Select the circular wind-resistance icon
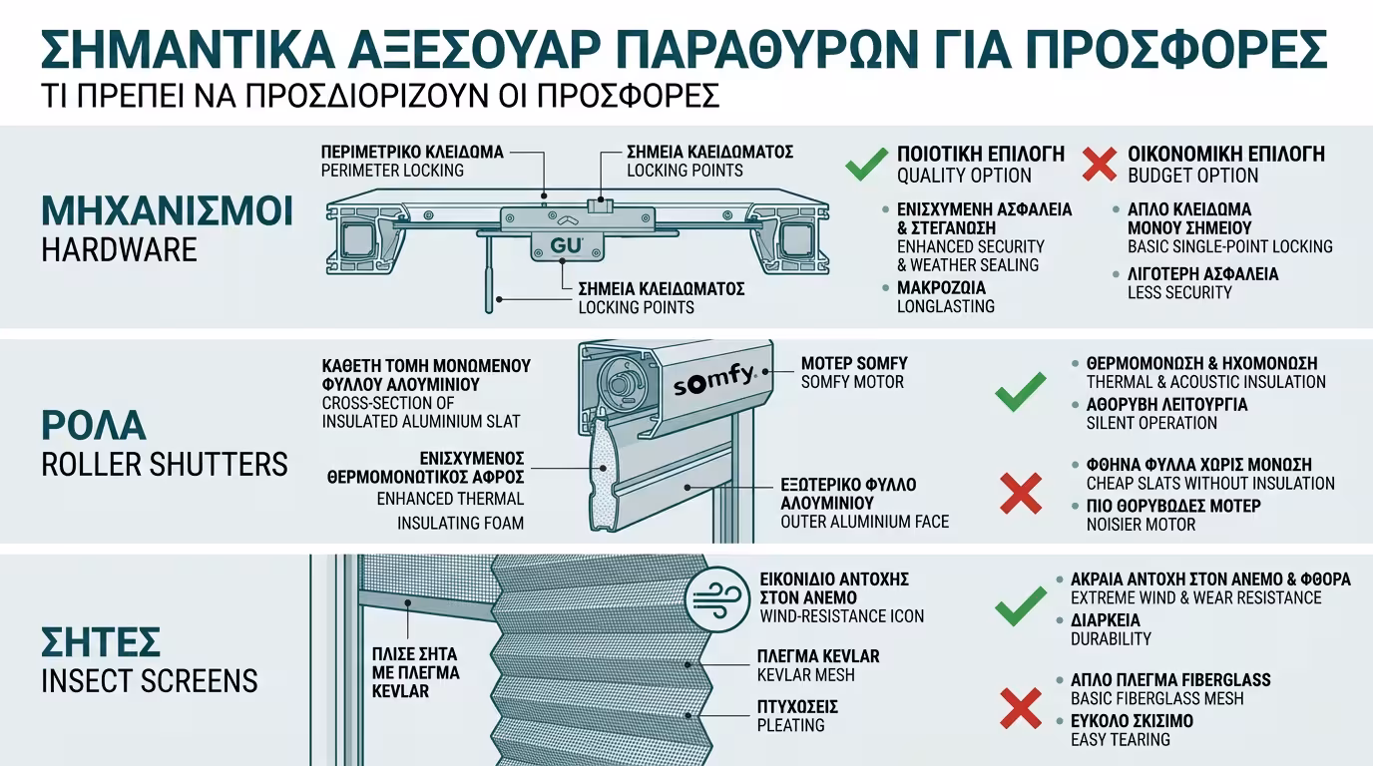(x=717, y=598)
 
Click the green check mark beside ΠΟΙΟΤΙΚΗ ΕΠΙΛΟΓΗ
(x=866, y=164)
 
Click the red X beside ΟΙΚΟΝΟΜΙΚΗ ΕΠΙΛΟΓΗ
(x=1099, y=164)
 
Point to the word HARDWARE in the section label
(x=119, y=250)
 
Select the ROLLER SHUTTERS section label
(x=164, y=464)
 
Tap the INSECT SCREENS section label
(x=149, y=681)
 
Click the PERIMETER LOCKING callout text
(x=392, y=171)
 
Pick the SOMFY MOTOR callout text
(x=852, y=382)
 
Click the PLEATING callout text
(x=791, y=725)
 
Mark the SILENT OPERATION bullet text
(x=1151, y=423)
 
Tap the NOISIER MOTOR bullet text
(x=1141, y=525)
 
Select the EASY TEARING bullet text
(x=1121, y=739)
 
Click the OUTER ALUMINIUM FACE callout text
(x=864, y=522)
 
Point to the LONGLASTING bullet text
(x=945, y=306)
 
